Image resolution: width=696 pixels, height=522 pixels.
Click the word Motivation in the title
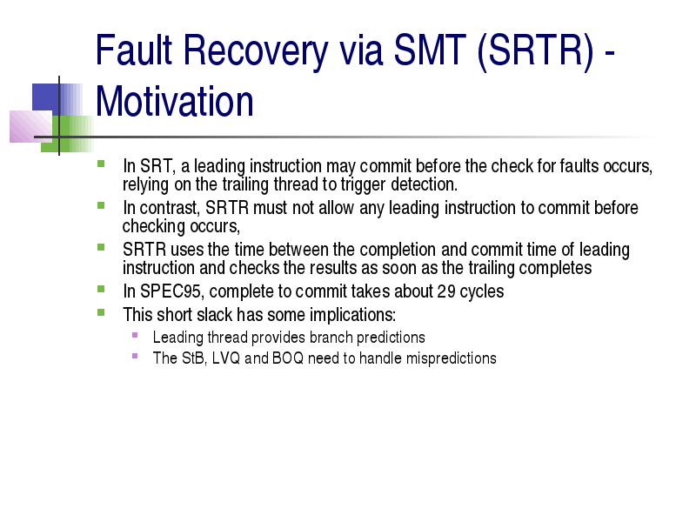coord(175,102)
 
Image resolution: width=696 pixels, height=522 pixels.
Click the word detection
coord(424,184)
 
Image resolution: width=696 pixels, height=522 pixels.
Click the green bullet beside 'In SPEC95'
coord(101,290)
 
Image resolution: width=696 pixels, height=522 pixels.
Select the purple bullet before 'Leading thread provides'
coord(135,335)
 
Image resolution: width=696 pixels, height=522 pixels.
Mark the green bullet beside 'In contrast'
coord(101,205)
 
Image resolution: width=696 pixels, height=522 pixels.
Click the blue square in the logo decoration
coord(46,99)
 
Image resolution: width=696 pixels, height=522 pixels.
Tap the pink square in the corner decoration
coord(30,126)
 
